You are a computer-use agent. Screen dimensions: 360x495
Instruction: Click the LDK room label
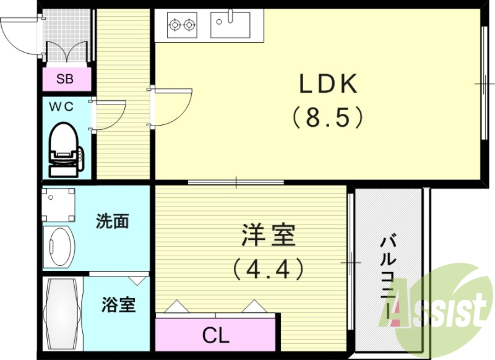tap(329, 84)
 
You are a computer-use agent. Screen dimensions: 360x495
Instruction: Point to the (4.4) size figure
tap(269, 268)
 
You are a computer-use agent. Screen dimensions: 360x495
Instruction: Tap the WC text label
tap(61, 106)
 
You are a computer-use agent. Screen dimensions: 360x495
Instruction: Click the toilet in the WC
tap(64, 148)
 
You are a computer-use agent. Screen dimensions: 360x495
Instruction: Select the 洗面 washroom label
tap(113, 221)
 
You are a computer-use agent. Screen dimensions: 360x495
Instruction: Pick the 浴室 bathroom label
tap(118, 304)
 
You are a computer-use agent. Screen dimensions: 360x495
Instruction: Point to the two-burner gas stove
tap(182, 25)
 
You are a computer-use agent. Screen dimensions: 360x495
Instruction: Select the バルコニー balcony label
tap(389, 272)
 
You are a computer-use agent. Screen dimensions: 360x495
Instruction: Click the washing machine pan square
tap(59, 205)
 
